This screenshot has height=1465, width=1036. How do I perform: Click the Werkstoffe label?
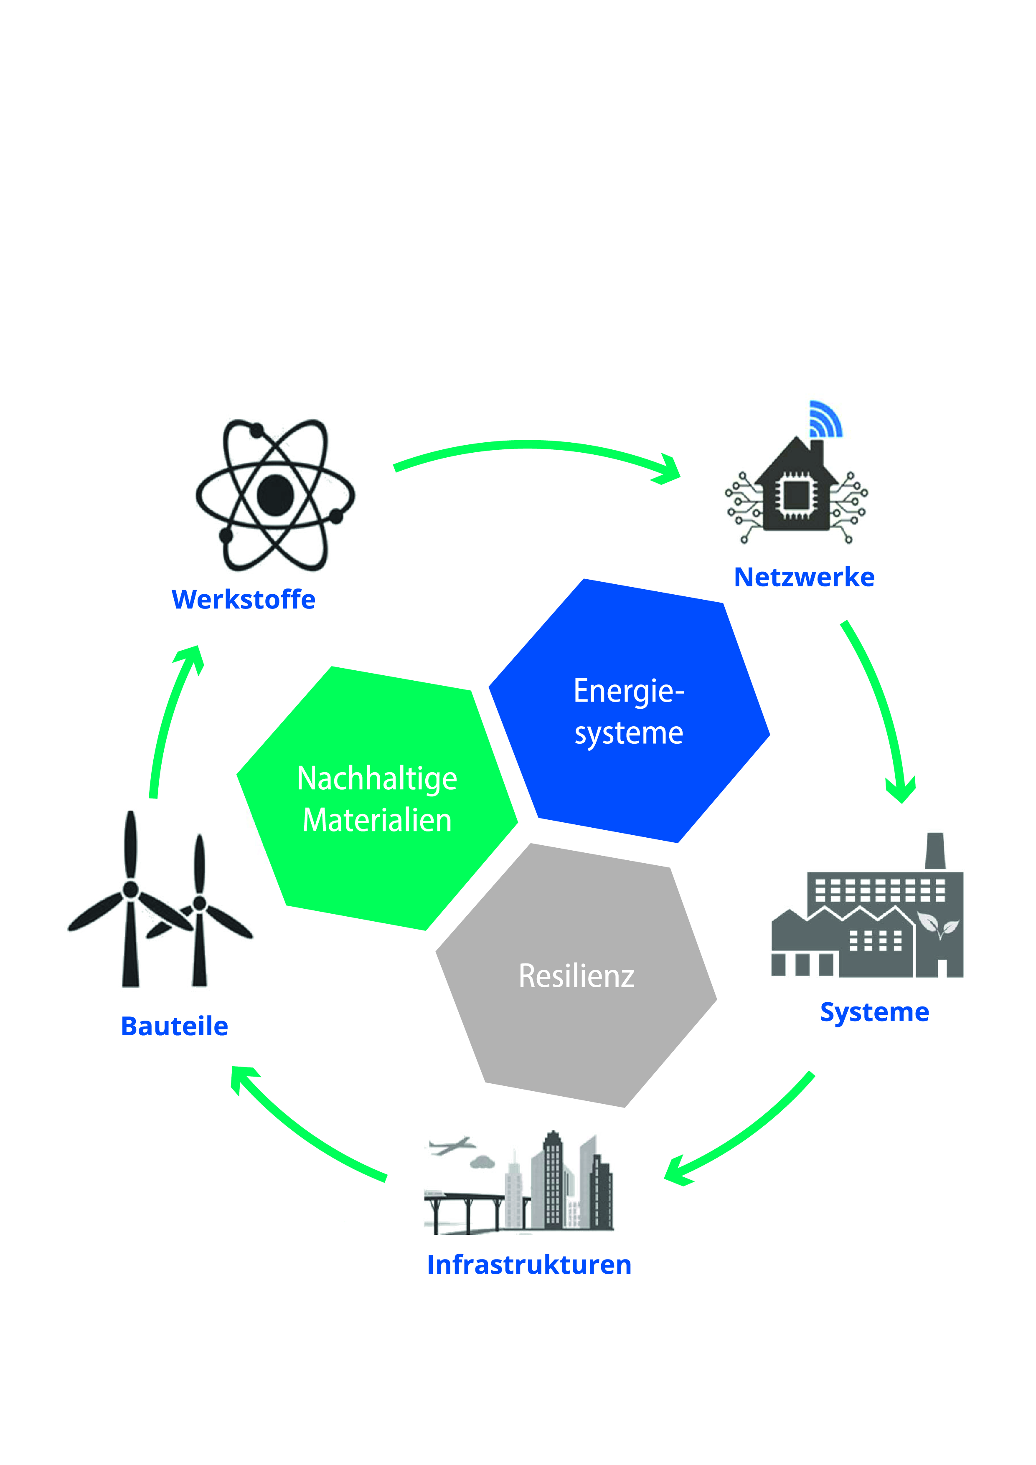click(x=243, y=600)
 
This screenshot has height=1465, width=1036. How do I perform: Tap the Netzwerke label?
click(x=804, y=578)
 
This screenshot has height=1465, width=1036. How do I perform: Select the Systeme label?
click(x=874, y=1012)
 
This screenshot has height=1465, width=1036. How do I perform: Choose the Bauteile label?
click(x=174, y=1027)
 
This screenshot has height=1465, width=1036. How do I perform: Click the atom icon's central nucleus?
click(x=275, y=494)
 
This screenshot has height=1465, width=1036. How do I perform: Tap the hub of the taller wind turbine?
click(x=131, y=890)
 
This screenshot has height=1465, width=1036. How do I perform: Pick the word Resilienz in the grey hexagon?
click(x=576, y=976)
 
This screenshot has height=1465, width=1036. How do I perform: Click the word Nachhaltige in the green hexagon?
click(x=377, y=780)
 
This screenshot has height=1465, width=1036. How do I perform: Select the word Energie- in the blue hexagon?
click(x=628, y=692)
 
